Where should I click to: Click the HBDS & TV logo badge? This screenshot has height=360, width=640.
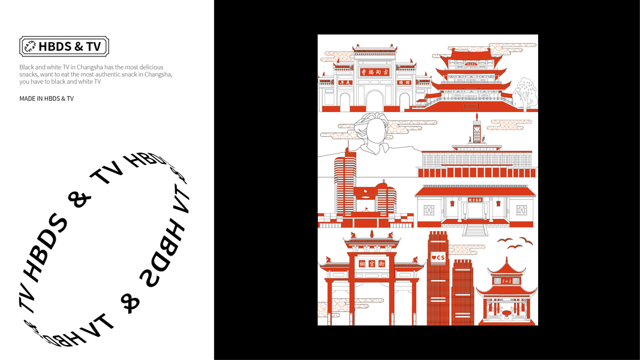(64, 46)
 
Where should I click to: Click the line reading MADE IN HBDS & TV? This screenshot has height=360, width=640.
(46, 98)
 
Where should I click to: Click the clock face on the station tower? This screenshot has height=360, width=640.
(477, 127)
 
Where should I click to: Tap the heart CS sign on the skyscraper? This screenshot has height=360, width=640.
(438, 258)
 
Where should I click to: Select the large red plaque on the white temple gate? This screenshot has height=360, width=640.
(375, 72)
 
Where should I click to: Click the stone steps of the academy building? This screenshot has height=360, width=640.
(475, 229)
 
